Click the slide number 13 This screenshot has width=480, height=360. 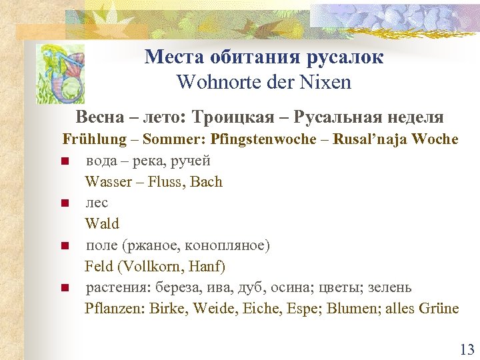pyautogui.click(x=466, y=349)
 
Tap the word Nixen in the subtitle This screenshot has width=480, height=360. pyautogui.click(x=327, y=83)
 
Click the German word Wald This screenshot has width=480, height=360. pyautogui.click(x=102, y=224)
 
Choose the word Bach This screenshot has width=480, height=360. pyautogui.click(x=206, y=181)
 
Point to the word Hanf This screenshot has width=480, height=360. pyautogui.click(x=207, y=267)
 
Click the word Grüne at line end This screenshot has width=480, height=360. pyautogui.click(x=439, y=308)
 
